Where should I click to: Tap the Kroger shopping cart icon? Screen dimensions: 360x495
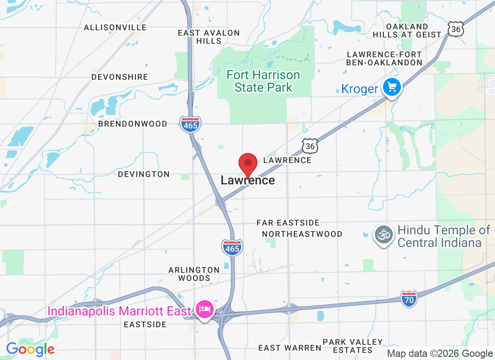(x=391, y=87)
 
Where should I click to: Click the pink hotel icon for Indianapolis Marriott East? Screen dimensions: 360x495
(x=205, y=310)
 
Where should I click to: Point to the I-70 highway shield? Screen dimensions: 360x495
(x=409, y=298)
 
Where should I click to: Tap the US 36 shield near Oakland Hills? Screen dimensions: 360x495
(x=456, y=29)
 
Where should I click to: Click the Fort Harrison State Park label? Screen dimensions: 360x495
(x=263, y=81)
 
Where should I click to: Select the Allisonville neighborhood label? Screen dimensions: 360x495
(x=115, y=27)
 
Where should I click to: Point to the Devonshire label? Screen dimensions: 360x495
(x=120, y=77)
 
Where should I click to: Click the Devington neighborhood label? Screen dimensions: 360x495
(x=144, y=174)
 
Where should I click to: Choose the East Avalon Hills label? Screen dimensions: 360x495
(x=209, y=36)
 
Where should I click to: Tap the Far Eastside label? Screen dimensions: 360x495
(x=288, y=223)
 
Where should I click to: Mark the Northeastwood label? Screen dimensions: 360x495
(x=302, y=234)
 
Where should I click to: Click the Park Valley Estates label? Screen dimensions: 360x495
(x=359, y=346)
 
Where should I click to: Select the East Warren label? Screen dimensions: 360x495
(x=290, y=348)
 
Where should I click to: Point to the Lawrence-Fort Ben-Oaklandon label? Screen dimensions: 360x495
(x=384, y=58)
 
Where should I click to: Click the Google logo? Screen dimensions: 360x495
(x=30, y=349)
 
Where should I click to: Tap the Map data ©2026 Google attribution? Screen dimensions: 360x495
(x=440, y=354)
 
